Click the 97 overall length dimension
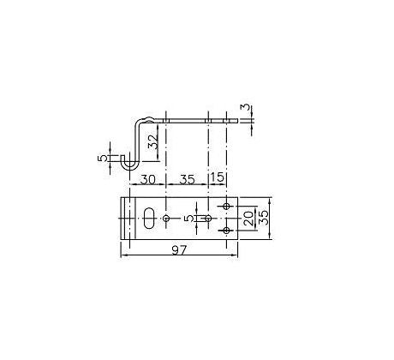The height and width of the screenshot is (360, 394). pos(179,250)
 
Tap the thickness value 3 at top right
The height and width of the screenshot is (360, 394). pos(246,108)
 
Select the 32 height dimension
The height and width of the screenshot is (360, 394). pos(154,141)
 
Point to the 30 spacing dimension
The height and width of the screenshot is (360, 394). pos(148,179)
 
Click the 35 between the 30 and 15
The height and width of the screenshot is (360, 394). pos(187,179)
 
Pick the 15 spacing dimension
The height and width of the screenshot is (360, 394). pos(218,177)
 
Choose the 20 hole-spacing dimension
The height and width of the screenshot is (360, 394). pos(248,219)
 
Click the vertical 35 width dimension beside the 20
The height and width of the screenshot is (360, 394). pos(264,218)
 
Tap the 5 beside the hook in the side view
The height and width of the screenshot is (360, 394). pos(103,158)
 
